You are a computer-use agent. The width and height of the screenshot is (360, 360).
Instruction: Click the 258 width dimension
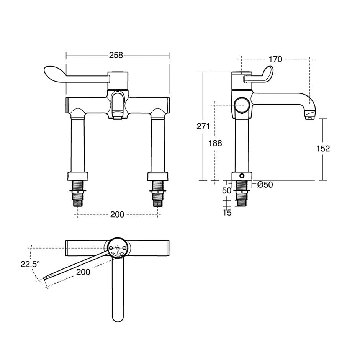point(116,56)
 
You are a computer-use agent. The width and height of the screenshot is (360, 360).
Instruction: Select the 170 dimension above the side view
point(275,59)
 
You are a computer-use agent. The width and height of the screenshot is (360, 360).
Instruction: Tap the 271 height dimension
point(203,127)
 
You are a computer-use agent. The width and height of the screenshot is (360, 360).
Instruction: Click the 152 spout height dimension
point(323,149)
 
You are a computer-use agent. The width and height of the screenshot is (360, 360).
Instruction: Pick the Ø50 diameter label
point(265,185)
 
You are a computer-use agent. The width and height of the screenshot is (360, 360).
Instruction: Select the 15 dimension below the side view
point(227,213)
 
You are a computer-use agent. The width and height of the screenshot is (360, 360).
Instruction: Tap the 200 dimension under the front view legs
point(117,214)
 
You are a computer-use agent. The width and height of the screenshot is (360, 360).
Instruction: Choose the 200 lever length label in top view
point(83,272)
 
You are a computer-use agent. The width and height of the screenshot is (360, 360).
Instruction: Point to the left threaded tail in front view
point(79,193)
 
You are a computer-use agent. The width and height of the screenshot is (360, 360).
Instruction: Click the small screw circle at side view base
point(242,176)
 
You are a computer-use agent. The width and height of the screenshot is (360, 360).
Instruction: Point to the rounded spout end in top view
point(118,316)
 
